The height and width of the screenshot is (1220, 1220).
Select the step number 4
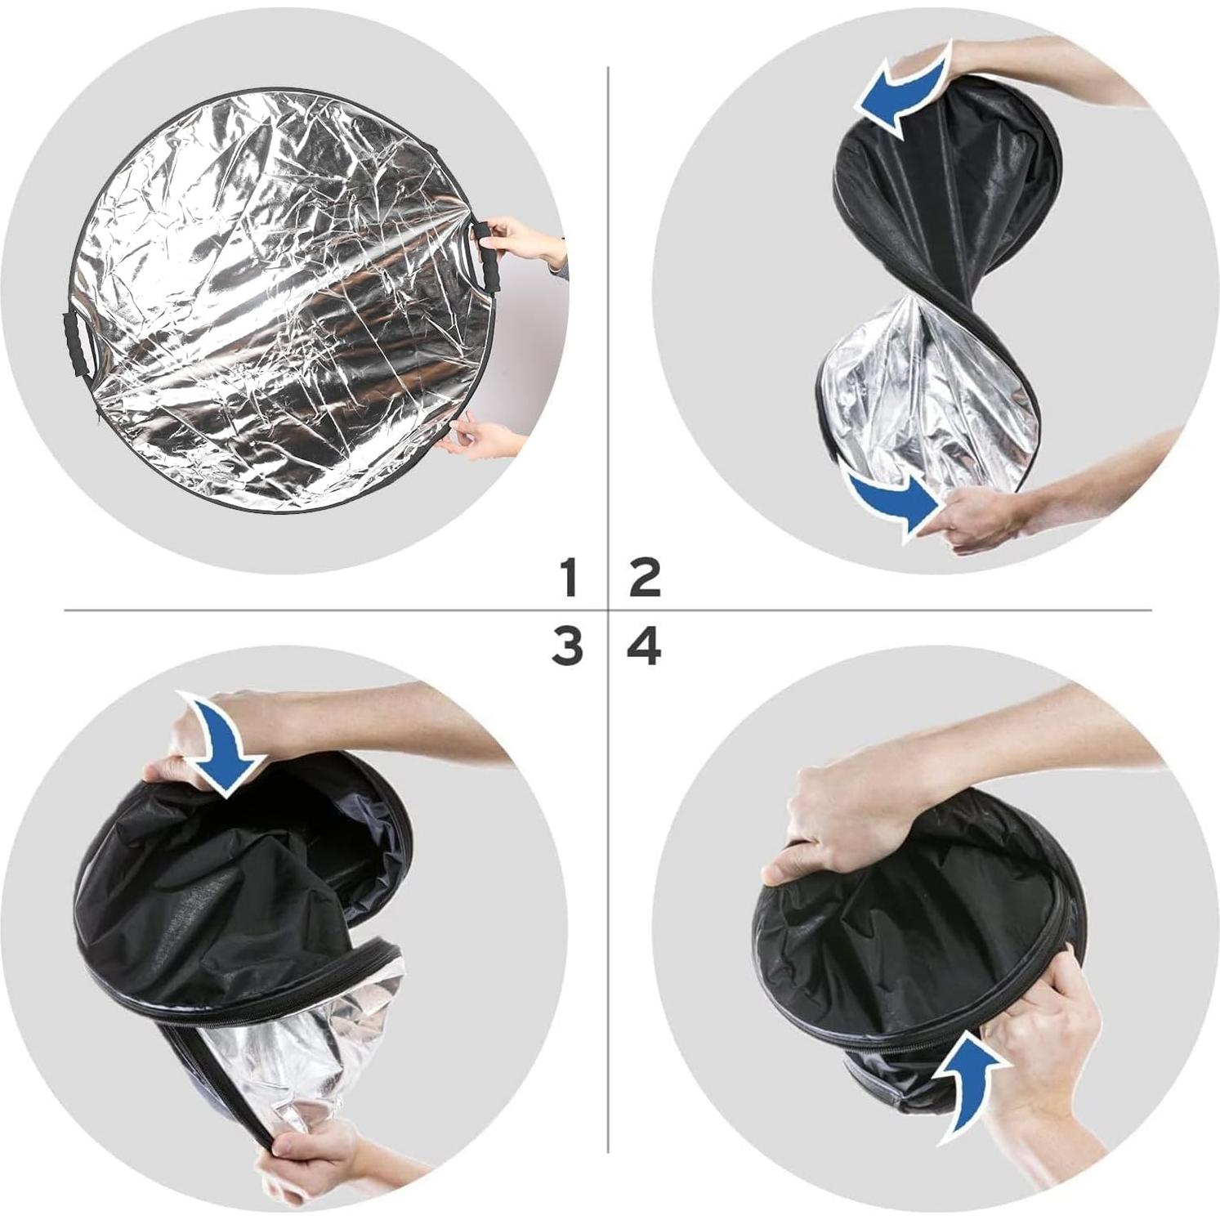(644, 647)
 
